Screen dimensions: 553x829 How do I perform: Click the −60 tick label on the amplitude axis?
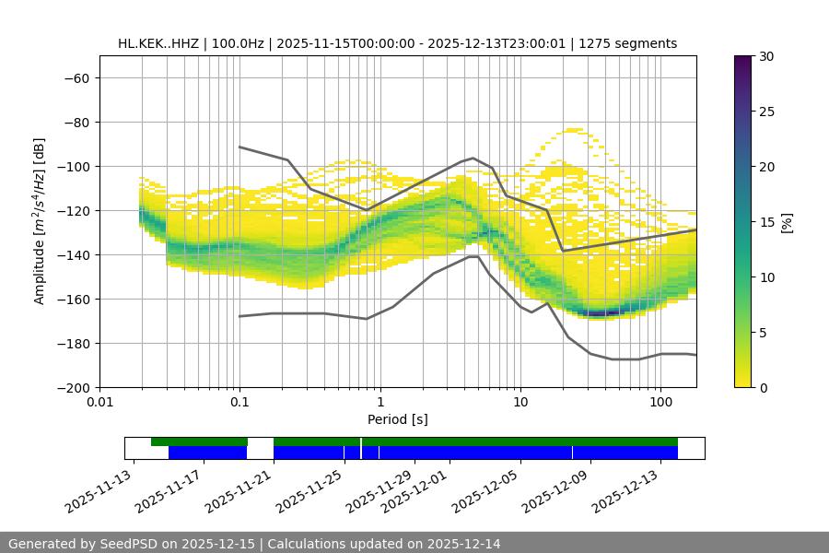coord(76,77)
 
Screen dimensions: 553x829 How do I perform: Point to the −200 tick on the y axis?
coord(72,387)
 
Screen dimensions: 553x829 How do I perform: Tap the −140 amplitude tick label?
coord(72,254)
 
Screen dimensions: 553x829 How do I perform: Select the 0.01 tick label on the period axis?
coord(99,403)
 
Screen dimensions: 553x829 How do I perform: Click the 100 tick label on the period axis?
coord(660,403)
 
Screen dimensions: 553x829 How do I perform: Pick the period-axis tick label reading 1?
coord(379,403)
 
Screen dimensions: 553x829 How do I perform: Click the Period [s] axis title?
coord(397,419)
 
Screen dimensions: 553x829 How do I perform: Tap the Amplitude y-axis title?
coord(40,221)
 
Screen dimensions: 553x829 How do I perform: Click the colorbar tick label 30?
coord(766,56)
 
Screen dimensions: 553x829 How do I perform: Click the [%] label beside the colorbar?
coord(787,222)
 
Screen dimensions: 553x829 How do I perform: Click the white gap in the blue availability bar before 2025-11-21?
coord(260,453)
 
